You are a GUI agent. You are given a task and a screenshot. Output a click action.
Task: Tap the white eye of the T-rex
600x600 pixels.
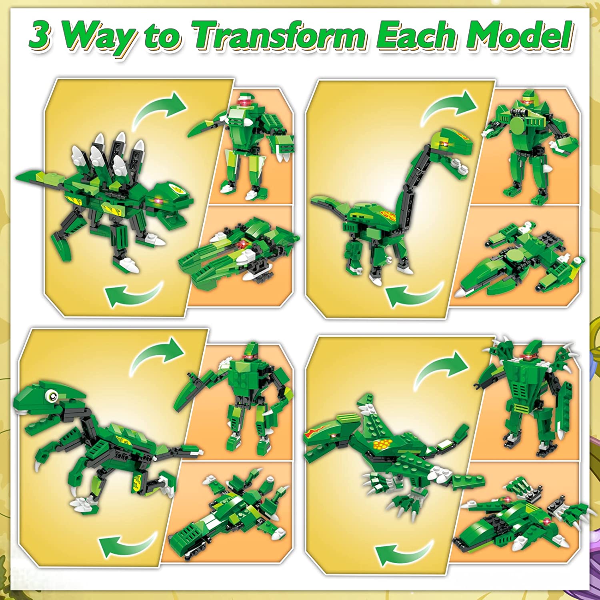52,396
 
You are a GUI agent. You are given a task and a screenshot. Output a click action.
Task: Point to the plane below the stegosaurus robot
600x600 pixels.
240,252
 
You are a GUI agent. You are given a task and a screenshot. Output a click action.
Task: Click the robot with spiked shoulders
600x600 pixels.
528,396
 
